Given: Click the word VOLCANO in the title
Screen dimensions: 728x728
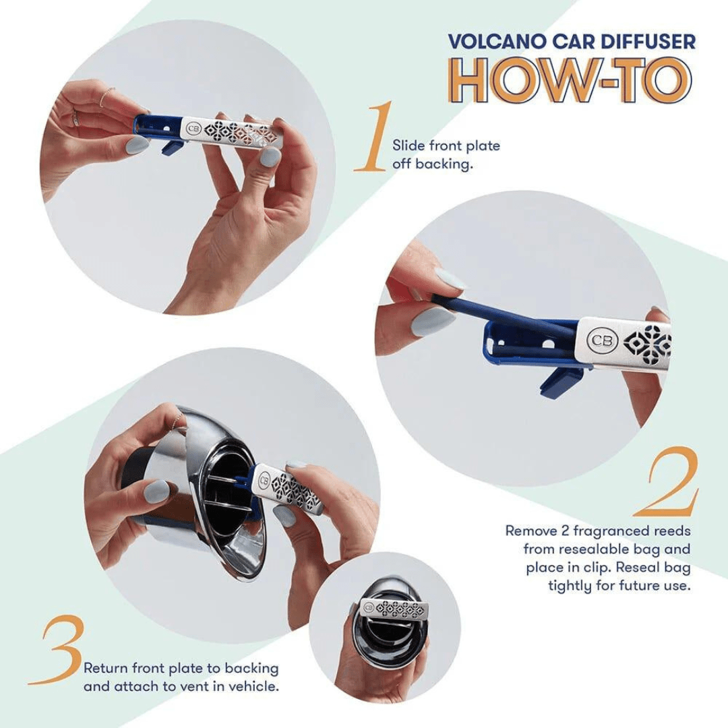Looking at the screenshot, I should (486, 41).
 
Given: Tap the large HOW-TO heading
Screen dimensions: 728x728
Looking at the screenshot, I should (570, 81).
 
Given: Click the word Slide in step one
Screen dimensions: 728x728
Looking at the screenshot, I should (406, 146).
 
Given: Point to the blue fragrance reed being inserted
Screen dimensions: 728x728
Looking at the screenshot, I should (499, 311).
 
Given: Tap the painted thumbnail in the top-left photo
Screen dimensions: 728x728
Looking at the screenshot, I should (137, 144).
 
